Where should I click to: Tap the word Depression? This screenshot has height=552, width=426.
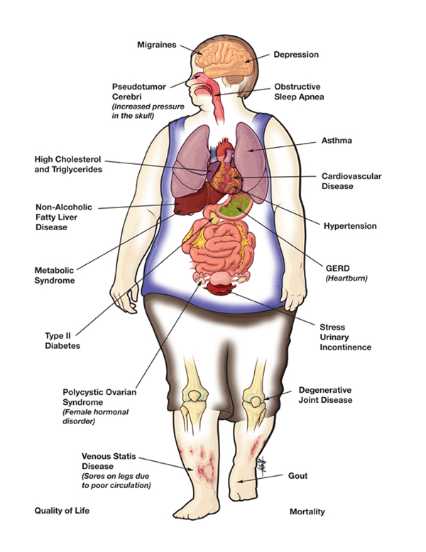pos(296,54)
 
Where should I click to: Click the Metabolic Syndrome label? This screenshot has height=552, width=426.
pos(55,275)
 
